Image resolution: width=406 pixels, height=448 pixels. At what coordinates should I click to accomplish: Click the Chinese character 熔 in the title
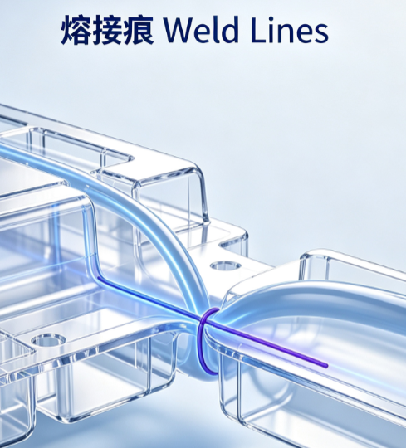[x=76, y=30]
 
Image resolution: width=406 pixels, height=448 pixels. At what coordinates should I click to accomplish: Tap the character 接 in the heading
[x=107, y=30]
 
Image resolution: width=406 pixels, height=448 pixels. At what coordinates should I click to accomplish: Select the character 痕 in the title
[x=139, y=30]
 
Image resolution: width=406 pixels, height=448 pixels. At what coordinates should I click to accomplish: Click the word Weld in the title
[x=201, y=29]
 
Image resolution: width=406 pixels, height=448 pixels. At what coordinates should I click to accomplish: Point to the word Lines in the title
[x=290, y=30]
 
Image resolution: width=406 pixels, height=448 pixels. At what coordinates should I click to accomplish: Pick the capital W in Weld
[x=180, y=31]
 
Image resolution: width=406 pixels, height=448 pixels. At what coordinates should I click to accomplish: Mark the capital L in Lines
[x=259, y=31]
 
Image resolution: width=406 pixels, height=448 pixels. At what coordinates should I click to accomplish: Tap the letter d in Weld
[x=230, y=30]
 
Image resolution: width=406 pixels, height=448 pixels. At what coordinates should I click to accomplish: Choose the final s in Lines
[x=320, y=34]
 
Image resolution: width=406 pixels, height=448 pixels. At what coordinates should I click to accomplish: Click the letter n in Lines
[x=286, y=33]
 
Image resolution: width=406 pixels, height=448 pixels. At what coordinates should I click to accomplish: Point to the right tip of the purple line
[x=327, y=366]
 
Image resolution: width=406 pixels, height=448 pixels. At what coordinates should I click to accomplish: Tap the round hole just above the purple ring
[x=226, y=265]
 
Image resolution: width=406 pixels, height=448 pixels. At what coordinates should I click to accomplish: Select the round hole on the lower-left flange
[x=49, y=340]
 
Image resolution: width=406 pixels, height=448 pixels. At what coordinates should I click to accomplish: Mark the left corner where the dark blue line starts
[x=98, y=277]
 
